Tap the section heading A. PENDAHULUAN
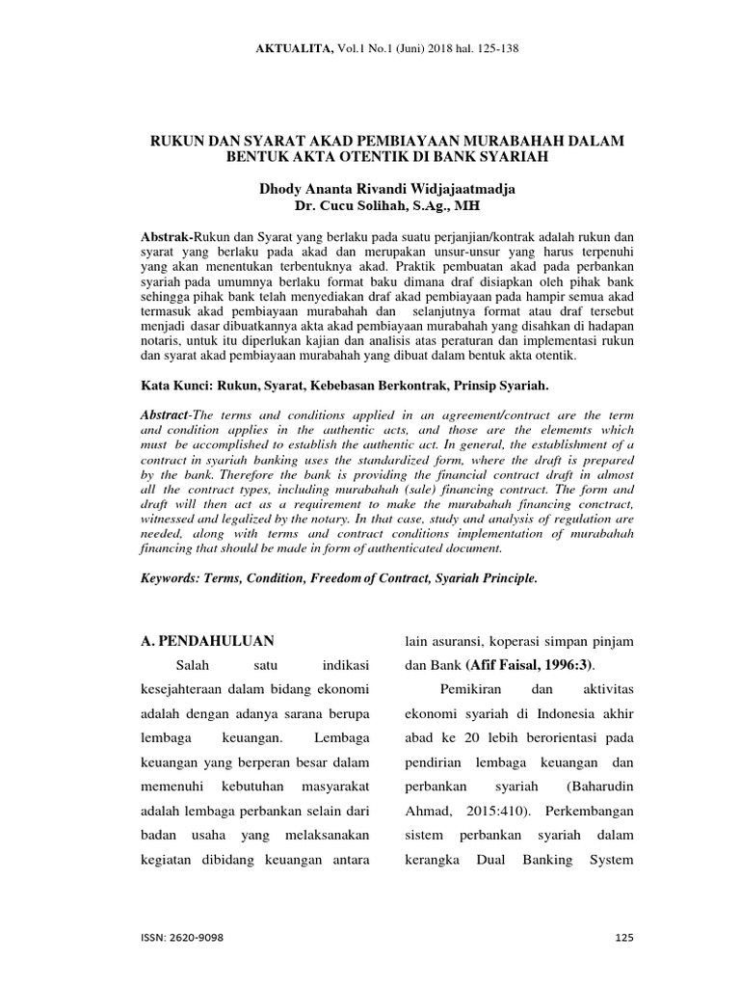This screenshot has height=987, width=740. coord(207,640)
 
